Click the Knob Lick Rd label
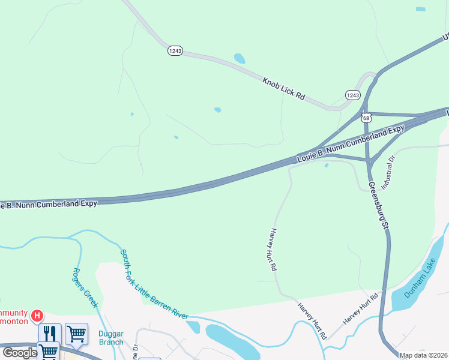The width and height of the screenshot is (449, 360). coord(284,88)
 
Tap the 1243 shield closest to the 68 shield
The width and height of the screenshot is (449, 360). coord(353,95)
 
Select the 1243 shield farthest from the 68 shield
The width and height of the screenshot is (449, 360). coord(175,52)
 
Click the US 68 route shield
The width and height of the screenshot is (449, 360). coord(367,118)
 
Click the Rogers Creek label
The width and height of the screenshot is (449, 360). coord(85,287)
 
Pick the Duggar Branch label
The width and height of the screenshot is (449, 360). coord(111,338)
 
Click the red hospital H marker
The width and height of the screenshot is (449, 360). coord(37,315)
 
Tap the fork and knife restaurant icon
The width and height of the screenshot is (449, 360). coord(50,333)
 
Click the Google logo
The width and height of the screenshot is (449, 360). coord(20,353)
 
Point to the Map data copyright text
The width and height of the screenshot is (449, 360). coord(423,355)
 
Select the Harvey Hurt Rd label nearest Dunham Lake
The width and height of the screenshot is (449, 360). coord(361,310)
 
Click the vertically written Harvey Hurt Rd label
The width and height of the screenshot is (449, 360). coord(273,250)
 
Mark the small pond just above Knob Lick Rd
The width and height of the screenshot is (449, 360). coord(240,59)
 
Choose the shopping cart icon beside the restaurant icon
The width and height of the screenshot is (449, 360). coord(76,333)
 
